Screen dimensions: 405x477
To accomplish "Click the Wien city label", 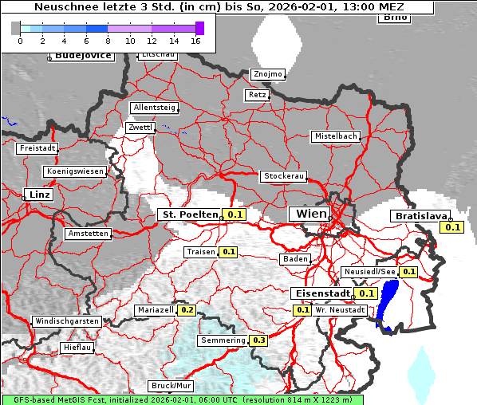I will (x=311, y=214).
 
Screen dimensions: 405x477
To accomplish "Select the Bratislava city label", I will (x=420, y=216).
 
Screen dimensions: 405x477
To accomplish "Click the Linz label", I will (x=37, y=195).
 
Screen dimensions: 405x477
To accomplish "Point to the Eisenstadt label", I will (x=321, y=293).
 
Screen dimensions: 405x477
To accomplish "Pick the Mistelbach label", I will (x=335, y=136).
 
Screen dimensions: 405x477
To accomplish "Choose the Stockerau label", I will (x=283, y=176).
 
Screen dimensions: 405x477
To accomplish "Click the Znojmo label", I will (x=267, y=74).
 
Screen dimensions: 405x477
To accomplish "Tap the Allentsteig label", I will (x=153, y=108).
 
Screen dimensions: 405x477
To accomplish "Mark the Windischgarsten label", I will (x=66, y=321).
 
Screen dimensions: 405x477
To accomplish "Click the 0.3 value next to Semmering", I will (x=258, y=340).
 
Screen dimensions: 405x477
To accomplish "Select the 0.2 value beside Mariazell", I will (x=187, y=310).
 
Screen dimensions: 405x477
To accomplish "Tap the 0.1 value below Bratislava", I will (x=453, y=228).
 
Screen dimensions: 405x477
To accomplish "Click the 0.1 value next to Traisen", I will (x=229, y=252).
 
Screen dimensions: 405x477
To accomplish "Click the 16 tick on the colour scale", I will (x=195, y=40).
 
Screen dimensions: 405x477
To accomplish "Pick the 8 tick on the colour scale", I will (x=108, y=40).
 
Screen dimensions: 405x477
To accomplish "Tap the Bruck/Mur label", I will (x=172, y=385).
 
